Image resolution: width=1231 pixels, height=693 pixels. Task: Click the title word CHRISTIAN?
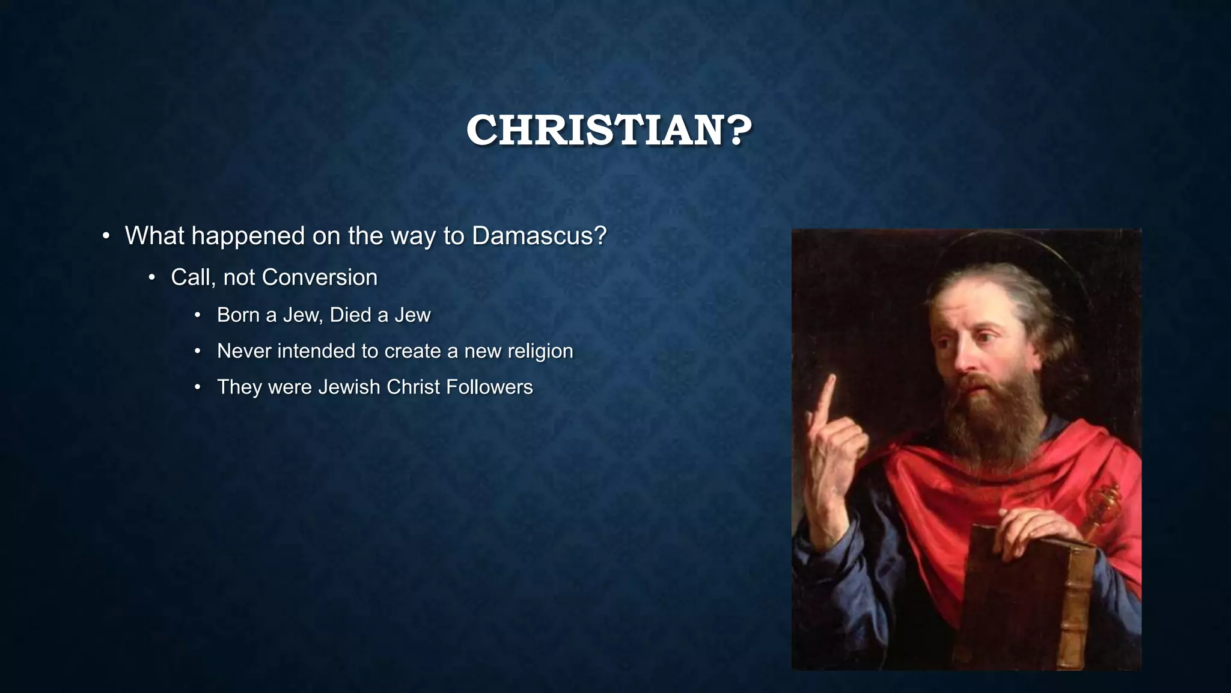click(x=609, y=130)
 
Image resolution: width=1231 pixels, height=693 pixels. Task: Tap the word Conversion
click(x=319, y=277)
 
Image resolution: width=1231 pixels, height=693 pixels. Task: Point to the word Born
click(x=238, y=315)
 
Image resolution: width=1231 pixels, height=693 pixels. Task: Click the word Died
click(x=350, y=315)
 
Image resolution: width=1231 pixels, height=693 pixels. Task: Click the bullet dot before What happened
click(x=106, y=236)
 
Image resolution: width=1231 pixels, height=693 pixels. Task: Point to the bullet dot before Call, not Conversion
click(x=152, y=278)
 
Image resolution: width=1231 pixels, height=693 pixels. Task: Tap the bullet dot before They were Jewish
click(x=198, y=387)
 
